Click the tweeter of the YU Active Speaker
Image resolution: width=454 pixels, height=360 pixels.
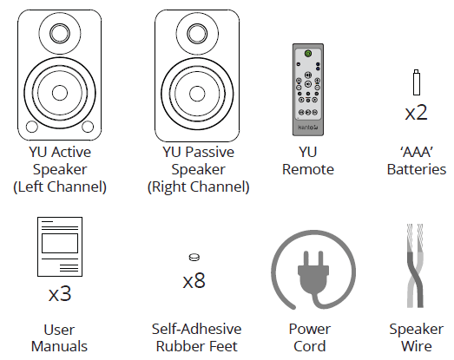pos(60,36)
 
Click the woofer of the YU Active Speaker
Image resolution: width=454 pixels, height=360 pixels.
pos(60,92)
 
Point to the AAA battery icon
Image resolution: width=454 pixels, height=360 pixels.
pos(416,83)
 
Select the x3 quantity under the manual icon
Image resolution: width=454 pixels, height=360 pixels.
pos(59,293)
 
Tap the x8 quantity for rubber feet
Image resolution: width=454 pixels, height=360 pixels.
pos(194,281)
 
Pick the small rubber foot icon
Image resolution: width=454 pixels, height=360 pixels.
pos(194,257)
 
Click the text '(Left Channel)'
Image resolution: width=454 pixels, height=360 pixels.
pos(60,187)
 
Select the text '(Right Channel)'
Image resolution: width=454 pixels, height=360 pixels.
pos(198,187)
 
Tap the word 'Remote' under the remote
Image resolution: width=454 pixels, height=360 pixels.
pos(308,169)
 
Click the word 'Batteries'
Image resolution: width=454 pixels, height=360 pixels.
pos(417,169)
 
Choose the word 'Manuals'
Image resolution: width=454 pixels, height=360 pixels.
pos(59,346)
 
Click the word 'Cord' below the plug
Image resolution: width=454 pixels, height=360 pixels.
pos(309,346)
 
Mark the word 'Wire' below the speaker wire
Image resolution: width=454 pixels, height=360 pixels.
pos(414,346)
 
